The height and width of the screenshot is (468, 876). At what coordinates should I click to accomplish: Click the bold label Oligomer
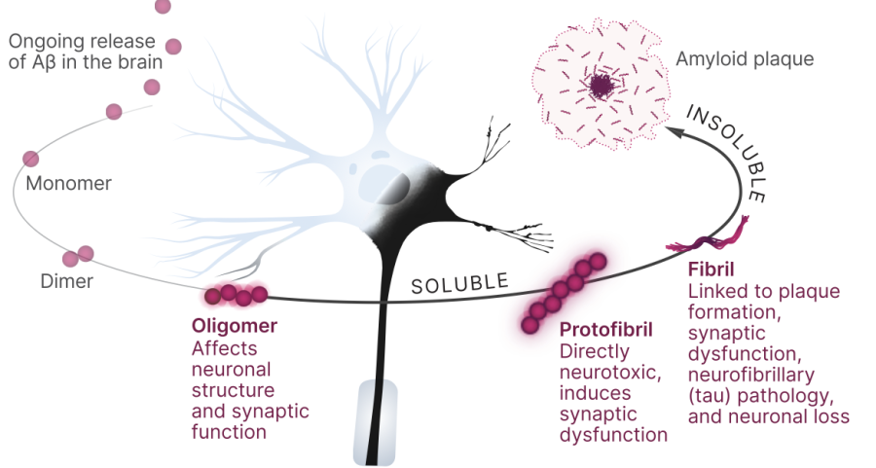pos(235,327)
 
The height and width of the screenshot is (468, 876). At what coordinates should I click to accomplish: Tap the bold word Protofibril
pos(605,331)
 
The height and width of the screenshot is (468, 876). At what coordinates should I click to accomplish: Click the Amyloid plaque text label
pos(745,59)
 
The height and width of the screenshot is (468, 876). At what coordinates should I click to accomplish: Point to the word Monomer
pos(69,183)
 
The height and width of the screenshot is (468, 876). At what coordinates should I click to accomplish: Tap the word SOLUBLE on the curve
pos(459,284)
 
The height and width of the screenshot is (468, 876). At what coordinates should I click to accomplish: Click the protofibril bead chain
pos(564,291)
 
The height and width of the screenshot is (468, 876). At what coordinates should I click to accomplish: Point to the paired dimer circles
pos(78,256)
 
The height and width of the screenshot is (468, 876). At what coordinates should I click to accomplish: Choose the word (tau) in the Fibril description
pos(710,395)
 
